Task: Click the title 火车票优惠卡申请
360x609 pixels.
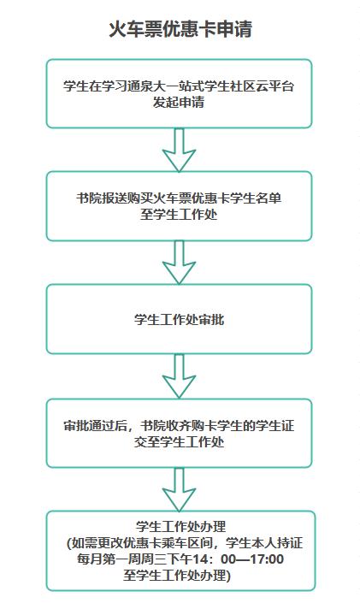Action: coord(180,29)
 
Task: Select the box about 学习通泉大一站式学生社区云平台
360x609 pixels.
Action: coord(179,93)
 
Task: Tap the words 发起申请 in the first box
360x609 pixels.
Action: coord(179,102)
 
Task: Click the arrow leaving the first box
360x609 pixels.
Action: coord(179,150)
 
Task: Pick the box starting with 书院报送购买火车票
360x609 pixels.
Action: coord(179,206)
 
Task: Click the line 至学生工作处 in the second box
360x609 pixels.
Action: coord(179,215)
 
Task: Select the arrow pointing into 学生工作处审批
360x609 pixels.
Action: coord(179,263)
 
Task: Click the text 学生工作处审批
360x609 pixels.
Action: coord(179,320)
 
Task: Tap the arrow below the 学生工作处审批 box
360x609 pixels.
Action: coord(179,376)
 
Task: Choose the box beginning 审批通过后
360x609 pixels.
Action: coord(179,433)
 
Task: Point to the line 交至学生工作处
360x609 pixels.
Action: coord(179,442)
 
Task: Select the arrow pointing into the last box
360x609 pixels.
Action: coord(179,489)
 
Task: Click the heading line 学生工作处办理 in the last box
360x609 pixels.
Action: coord(180,527)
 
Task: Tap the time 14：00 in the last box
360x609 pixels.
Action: coord(212,559)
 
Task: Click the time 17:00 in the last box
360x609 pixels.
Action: coord(268,559)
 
